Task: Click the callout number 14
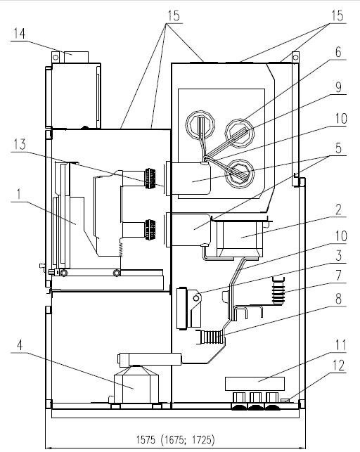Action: tap(19, 34)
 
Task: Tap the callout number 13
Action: tap(19, 144)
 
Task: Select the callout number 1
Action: tap(19, 194)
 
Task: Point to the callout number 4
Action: tap(20, 344)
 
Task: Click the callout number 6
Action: tap(338, 52)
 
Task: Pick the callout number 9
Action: tap(338, 86)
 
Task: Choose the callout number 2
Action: tap(338, 209)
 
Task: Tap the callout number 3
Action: tap(339, 256)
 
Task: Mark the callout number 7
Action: tap(339, 276)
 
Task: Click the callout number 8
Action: tap(339, 299)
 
